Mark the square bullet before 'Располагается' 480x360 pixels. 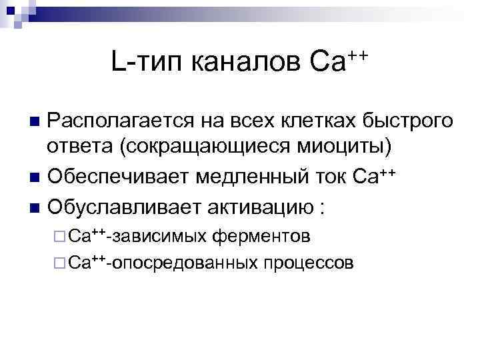[35, 123]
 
